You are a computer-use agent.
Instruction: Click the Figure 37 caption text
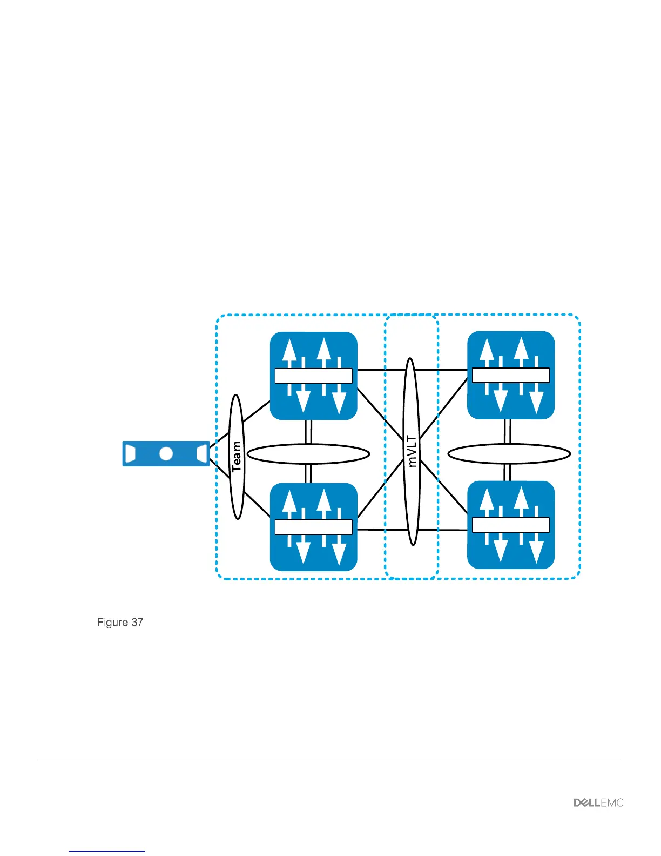[120, 623]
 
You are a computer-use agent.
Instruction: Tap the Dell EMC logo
[598, 803]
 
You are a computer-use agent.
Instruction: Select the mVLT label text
[412, 452]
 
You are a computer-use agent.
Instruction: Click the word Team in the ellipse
[237, 457]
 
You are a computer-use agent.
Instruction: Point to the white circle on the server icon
[166, 453]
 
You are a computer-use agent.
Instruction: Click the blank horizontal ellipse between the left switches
[308, 454]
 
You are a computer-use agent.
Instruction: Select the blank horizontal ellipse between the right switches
[509, 454]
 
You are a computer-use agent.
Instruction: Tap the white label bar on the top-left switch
[313, 376]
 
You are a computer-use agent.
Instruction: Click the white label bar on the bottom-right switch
[511, 525]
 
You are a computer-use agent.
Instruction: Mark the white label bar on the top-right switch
[511, 375]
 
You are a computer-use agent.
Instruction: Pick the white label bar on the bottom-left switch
[313, 527]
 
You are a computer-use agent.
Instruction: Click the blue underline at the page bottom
[107, 852]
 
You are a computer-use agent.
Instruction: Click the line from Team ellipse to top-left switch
[257, 411]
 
